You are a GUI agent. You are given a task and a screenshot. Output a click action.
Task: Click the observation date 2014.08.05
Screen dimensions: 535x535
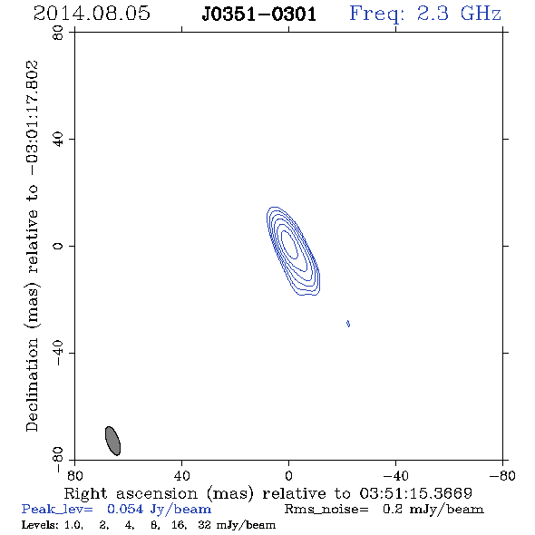(x=92, y=14)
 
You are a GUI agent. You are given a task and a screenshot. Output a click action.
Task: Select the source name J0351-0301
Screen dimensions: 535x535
(x=259, y=15)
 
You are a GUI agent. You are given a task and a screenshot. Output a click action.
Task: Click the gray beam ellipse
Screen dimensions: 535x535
(x=112, y=441)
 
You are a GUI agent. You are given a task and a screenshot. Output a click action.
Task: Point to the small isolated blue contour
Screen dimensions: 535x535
(x=348, y=324)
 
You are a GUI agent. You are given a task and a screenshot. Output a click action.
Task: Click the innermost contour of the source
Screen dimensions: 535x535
(x=289, y=244)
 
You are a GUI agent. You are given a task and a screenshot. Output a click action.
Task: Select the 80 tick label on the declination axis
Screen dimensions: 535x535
(x=58, y=33)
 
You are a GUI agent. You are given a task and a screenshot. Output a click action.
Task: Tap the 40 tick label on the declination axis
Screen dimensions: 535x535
(x=58, y=140)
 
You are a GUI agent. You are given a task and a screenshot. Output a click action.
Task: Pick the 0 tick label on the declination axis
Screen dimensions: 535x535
(x=58, y=246)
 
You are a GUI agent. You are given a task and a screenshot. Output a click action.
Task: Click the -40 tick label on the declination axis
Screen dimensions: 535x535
(x=58, y=353)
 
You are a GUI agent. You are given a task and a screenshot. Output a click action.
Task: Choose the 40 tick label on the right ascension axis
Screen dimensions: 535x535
(x=181, y=475)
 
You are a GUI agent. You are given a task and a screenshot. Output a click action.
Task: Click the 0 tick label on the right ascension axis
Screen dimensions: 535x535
(x=288, y=475)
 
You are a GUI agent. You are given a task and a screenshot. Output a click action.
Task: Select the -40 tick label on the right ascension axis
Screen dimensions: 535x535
(x=395, y=475)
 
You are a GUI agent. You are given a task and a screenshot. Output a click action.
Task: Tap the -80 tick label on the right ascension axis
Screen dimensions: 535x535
(x=502, y=475)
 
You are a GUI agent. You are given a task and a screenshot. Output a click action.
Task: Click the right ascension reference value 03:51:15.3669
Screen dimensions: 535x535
(x=416, y=493)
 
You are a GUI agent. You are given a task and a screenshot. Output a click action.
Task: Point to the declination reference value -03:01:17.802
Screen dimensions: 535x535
(x=33, y=118)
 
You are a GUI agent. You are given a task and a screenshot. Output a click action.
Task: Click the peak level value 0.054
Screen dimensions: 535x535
(x=125, y=509)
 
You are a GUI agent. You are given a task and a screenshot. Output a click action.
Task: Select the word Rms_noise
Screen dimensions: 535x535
(x=326, y=510)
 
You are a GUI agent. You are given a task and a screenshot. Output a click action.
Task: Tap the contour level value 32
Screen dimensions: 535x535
(x=205, y=525)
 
